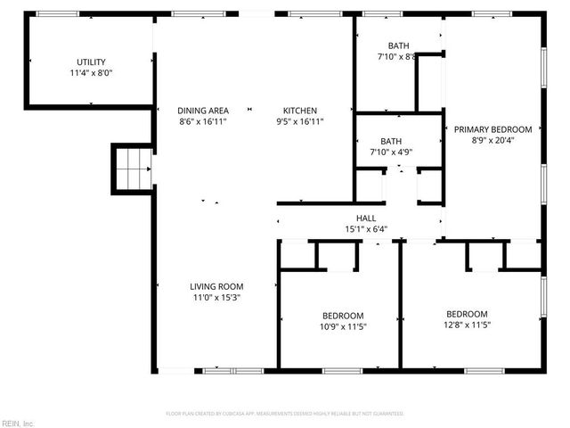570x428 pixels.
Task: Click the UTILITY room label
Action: [91, 62]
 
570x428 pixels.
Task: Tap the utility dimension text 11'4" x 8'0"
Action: [91, 73]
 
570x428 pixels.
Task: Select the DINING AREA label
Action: [203, 110]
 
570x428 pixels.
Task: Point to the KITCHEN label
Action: [299, 110]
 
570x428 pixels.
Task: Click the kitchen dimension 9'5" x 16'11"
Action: [299, 121]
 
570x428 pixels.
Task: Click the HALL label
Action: [366, 218]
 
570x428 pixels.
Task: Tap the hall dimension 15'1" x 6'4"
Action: [366, 229]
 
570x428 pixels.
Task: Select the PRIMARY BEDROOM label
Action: [493, 128]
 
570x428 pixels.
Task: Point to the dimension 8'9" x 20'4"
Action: [493, 140]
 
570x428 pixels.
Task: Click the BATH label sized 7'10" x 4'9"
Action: [391, 141]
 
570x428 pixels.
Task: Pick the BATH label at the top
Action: [398, 45]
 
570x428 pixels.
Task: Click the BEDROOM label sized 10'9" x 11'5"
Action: [343, 316]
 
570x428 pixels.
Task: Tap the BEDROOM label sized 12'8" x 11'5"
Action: [467, 314]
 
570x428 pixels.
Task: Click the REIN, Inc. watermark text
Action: [18, 423]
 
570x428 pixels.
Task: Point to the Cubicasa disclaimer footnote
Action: [285, 414]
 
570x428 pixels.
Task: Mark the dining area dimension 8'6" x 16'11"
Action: [203, 121]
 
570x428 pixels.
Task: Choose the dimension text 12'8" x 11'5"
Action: [467, 325]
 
